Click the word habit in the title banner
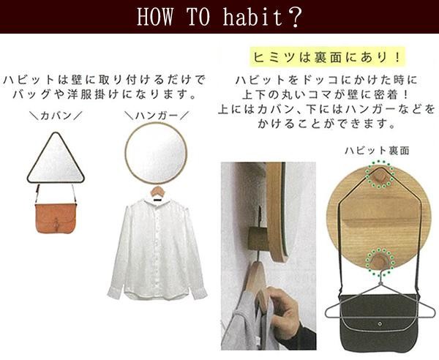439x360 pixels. click(253, 18)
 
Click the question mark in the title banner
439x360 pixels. click(295, 18)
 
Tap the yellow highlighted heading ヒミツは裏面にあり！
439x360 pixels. click(327, 57)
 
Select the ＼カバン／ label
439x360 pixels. click(56, 116)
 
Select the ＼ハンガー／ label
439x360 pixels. click(157, 116)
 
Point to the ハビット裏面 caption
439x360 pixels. click(377, 151)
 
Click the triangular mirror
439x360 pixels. click(56, 158)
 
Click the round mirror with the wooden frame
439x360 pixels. click(156, 153)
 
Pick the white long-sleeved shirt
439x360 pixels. click(157, 249)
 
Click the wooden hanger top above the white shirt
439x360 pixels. click(157, 192)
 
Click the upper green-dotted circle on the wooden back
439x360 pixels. click(380, 174)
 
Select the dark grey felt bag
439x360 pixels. click(380, 322)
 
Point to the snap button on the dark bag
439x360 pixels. click(380, 324)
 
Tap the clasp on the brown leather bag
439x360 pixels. click(57, 223)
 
